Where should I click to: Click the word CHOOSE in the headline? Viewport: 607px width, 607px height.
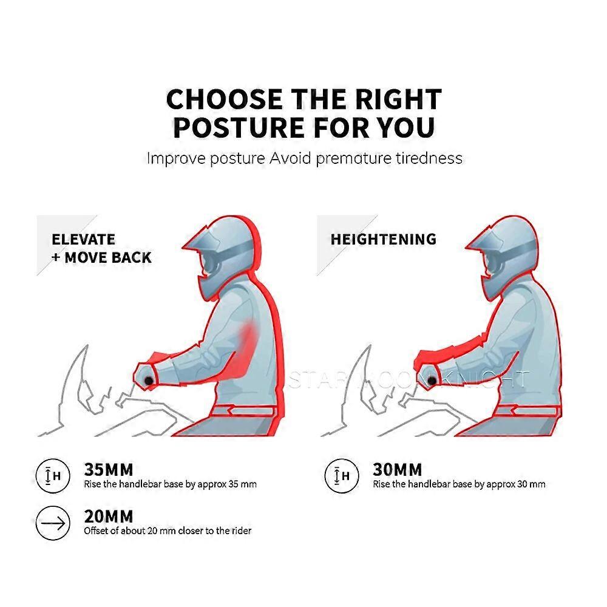coord(224,99)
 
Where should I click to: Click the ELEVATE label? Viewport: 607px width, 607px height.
coord(83,239)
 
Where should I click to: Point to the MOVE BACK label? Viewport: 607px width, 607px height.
coord(108,257)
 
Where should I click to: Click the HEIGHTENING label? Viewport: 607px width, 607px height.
coord(384,239)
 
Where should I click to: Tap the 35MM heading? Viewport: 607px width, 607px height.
coord(109,470)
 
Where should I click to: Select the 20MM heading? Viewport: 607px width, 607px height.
coord(109,517)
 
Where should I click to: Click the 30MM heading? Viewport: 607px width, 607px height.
coord(397,470)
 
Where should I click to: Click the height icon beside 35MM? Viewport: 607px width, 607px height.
coord(53,476)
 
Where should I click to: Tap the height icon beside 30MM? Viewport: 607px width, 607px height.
coord(342,476)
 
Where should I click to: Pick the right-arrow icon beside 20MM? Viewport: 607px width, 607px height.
coord(53,523)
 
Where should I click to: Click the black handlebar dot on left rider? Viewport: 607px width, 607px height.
coord(148,381)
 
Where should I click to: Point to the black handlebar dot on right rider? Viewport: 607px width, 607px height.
coord(431,381)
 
